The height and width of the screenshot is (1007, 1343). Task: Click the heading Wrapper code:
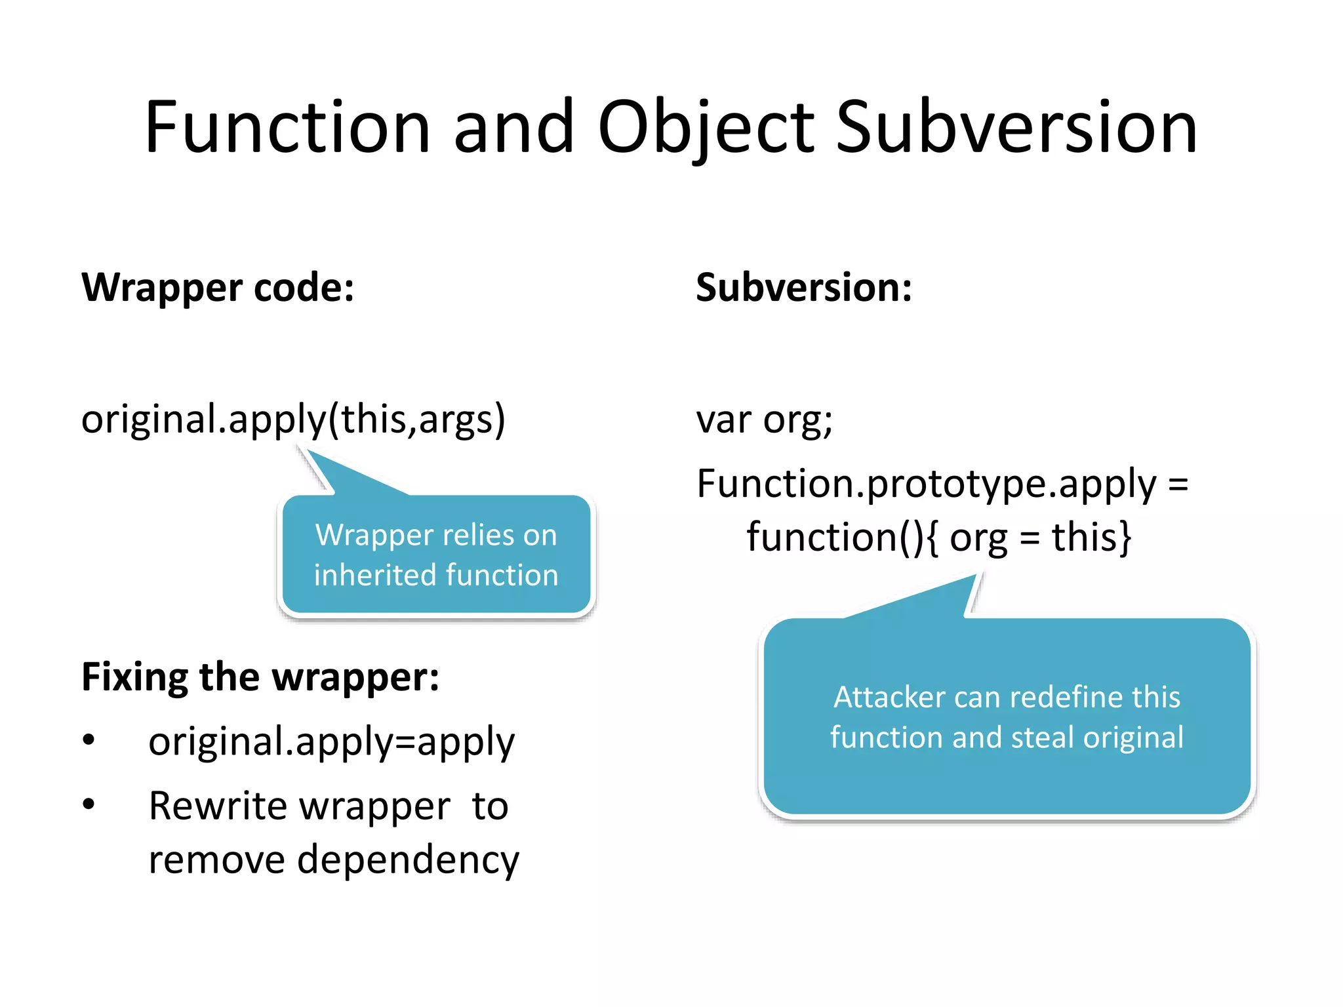218,287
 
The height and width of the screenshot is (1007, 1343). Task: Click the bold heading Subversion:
804,287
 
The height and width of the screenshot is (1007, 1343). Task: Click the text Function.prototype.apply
926,484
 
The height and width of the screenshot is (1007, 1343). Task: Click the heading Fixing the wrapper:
260,677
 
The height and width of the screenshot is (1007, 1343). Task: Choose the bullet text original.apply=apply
331,741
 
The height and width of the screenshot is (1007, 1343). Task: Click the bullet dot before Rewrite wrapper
89,804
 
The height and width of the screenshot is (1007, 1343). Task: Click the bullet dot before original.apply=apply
89,740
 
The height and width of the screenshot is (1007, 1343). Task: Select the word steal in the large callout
1042,737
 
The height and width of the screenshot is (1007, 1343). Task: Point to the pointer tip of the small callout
302,448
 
